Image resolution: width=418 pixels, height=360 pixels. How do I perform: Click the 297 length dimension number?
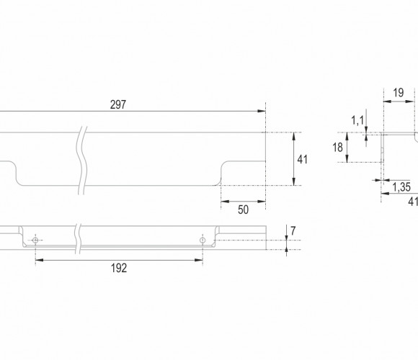click(x=118, y=104)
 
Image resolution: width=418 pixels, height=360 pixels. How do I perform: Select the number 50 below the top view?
click(x=243, y=210)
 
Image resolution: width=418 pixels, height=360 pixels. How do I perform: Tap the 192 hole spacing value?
click(x=119, y=268)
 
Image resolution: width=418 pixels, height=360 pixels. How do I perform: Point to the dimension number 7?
click(x=293, y=231)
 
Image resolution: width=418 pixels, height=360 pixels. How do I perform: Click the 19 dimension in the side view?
click(x=399, y=93)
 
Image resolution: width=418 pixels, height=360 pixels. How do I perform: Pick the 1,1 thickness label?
click(x=357, y=121)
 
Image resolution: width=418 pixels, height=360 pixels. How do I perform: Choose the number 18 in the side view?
click(x=337, y=148)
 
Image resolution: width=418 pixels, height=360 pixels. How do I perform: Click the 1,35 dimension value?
click(x=401, y=187)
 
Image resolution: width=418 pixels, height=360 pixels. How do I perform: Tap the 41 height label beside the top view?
click(x=302, y=160)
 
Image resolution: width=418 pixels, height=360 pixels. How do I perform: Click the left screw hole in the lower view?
click(x=35, y=240)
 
